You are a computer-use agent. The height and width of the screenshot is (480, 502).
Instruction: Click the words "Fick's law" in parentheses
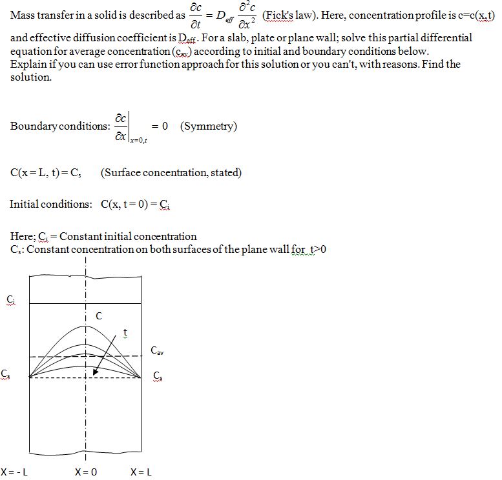[288, 15]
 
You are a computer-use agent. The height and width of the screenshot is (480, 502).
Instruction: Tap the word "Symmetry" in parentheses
[209, 126]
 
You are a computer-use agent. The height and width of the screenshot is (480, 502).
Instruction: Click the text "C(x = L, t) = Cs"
[45, 173]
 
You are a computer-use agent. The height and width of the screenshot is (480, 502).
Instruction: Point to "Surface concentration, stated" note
[171, 172]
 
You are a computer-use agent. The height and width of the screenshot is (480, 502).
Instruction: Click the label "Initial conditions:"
[51, 205]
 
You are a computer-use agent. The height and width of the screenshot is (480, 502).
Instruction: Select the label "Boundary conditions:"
[60, 126]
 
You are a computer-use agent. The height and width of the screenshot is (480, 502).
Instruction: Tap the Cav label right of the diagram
[157, 350]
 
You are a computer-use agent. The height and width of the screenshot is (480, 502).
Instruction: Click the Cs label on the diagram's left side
[6, 374]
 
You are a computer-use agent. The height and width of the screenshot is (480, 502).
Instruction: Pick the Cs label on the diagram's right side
[158, 375]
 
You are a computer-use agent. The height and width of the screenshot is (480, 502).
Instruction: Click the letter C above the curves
[99, 316]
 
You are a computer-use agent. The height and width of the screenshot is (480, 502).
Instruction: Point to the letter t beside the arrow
[125, 333]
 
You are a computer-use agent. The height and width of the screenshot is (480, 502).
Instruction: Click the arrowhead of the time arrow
[96, 372]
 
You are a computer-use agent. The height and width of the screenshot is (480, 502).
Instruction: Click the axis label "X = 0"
[86, 472]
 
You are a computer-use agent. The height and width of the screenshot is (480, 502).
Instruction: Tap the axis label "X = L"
[141, 472]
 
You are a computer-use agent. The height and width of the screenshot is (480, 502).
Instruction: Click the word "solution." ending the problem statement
[31, 77]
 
